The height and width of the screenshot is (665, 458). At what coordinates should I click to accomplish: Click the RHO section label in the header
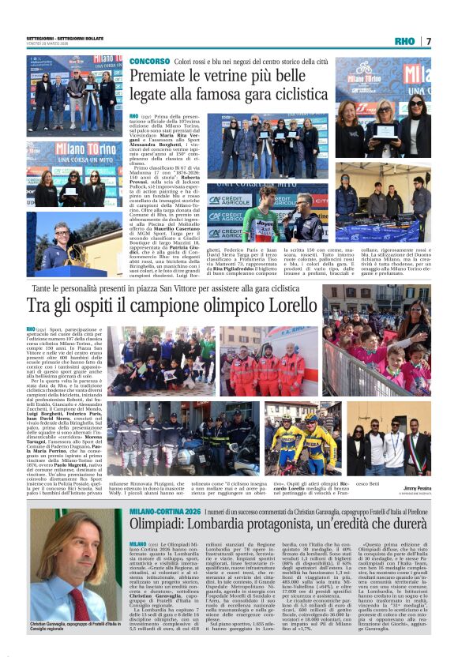coord(404,41)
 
